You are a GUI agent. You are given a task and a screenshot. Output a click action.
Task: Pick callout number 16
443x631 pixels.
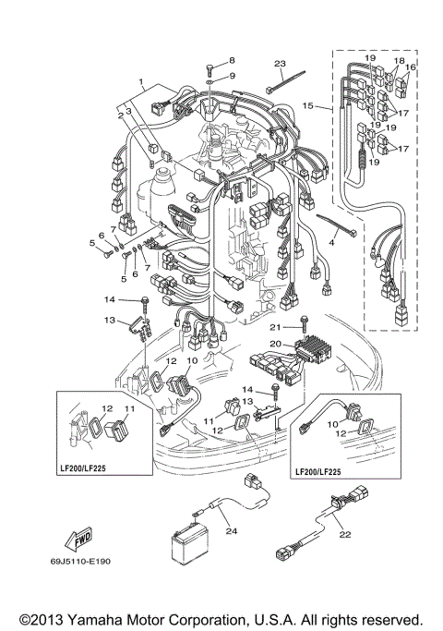click(413, 68)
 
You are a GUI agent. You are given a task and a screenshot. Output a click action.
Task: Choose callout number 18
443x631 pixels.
click(399, 60)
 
